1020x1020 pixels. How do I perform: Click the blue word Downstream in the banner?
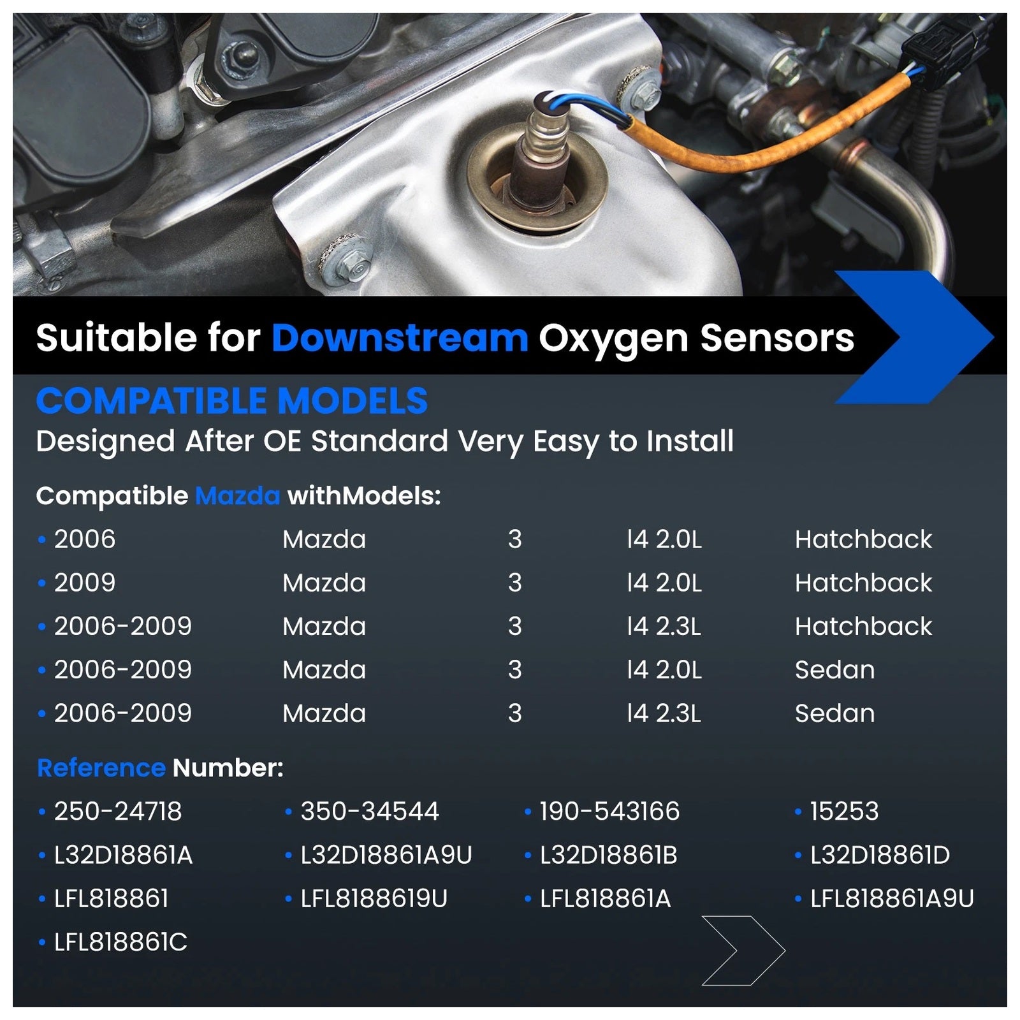click(400, 338)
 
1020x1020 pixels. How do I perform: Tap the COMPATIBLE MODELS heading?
click(232, 401)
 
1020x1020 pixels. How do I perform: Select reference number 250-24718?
click(118, 812)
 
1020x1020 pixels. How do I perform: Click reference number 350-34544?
click(370, 812)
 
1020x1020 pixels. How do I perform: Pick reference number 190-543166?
click(609, 812)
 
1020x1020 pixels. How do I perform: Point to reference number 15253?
click(844, 812)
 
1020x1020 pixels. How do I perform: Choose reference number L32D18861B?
click(608, 855)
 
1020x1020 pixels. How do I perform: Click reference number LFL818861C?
click(120, 942)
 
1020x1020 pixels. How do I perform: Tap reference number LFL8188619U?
click(374, 899)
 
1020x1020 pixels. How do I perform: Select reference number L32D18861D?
click(880, 855)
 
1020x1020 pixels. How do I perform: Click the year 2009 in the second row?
click(85, 583)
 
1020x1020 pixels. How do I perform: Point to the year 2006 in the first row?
click(85, 539)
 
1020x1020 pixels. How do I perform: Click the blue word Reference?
click(101, 768)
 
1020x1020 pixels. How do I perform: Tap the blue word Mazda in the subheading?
click(237, 496)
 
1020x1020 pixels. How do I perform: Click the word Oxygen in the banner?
click(613, 339)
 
